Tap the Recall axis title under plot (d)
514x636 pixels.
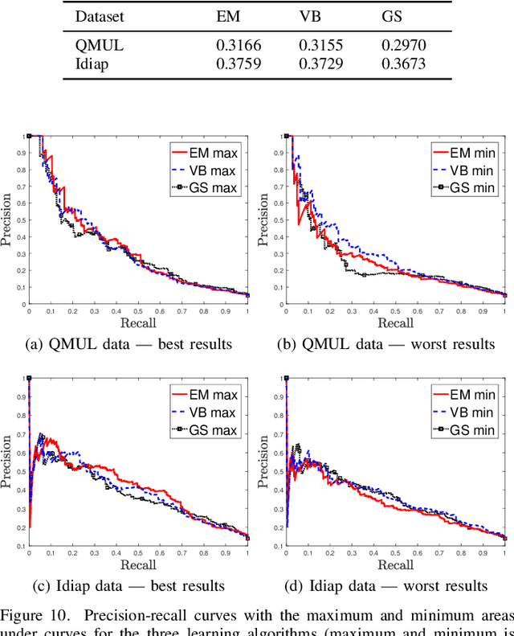tap(395, 565)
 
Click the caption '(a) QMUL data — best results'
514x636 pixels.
tap(129, 344)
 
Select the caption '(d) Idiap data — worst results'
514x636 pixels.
tap(386, 585)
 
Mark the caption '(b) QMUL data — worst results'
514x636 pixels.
tap(386, 344)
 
